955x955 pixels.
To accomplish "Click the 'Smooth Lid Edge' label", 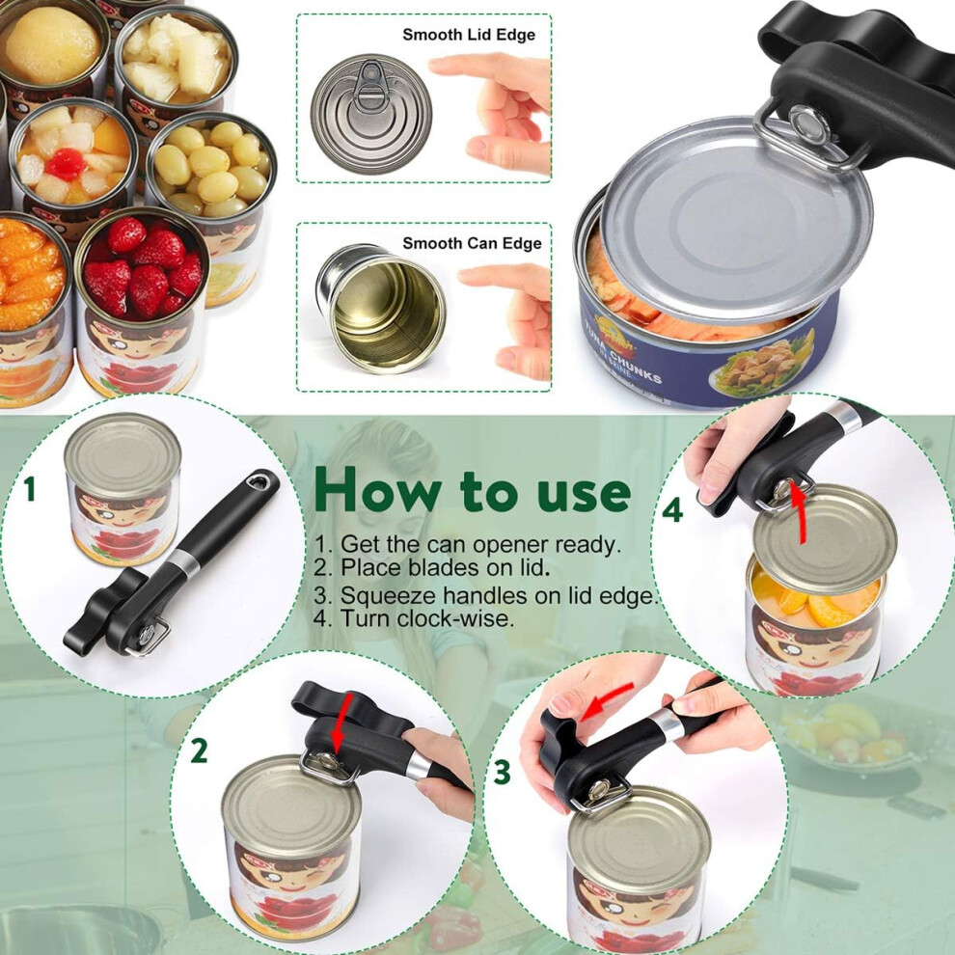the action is coord(469,35).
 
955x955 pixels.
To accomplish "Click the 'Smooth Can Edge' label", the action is coord(472,244).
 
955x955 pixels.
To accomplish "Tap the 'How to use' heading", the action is coord(472,491).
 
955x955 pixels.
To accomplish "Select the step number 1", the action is coord(29,488).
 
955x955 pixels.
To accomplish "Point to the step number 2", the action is coord(199,750).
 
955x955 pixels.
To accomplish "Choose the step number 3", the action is coord(502,773).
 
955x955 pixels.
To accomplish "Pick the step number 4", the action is coord(672,510).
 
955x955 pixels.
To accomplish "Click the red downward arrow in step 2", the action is coord(341,723).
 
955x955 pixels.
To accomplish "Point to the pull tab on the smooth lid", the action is coord(369,85).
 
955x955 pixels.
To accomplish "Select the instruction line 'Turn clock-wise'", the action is coord(414,618).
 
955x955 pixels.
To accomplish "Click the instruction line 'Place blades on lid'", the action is coord(432,567).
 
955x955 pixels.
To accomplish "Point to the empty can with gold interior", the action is coord(381,308).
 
